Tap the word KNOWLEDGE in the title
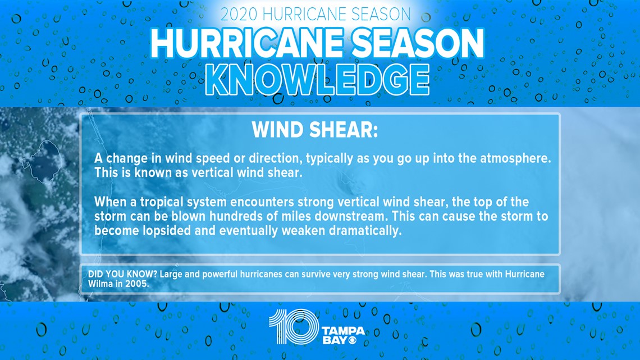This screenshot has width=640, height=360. (x=317, y=80)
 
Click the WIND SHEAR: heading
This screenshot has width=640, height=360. (x=315, y=130)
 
